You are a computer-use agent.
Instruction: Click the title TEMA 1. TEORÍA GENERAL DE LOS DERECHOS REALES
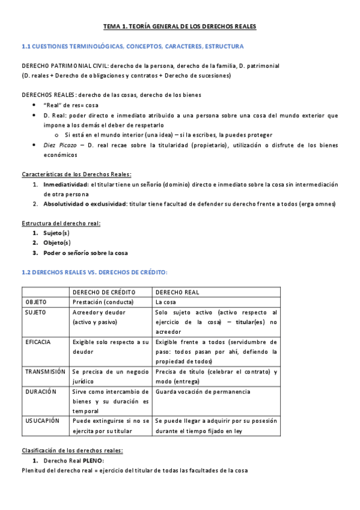pyautogui.click(x=180, y=27)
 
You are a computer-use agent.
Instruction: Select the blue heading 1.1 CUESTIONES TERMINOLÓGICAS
pyautogui.click(x=132, y=46)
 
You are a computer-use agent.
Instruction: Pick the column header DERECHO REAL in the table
pyautogui.click(x=177, y=292)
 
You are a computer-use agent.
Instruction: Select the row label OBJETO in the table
pyautogui.click(x=35, y=302)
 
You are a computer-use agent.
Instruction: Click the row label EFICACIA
pyautogui.click(x=37, y=342)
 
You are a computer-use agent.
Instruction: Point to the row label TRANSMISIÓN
pyautogui.click(x=45, y=372)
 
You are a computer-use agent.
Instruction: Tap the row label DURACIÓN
pyautogui.click(x=40, y=391)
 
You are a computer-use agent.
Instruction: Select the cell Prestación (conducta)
pyautogui.click(x=103, y=302)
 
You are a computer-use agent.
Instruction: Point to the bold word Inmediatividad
pyautogui.click(x=66, y=185)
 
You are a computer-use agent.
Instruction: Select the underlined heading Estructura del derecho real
pyautogui.click(x=61, y=223)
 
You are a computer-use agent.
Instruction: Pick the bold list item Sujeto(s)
pyautogui.click(x=56, y=233)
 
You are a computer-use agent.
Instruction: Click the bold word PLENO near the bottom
pyautogui.click(x=92, y=460)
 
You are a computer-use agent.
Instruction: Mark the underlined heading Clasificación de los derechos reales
pyautogui.click(x=72, y=450)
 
